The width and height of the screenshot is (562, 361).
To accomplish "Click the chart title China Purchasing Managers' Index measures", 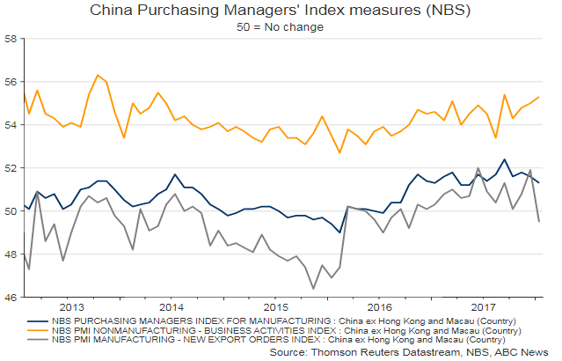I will [281, 11].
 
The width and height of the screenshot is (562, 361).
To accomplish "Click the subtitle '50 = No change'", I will [281, 26].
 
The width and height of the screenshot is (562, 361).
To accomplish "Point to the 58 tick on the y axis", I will [11, 40].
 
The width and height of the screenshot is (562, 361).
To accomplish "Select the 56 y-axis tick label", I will [11, 82].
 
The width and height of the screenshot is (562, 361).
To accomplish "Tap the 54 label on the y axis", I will [11, 125].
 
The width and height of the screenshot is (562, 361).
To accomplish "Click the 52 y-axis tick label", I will [11, 168].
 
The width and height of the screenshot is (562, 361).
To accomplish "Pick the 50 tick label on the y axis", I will [11, 211].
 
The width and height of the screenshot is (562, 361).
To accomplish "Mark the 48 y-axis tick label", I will [11, 254].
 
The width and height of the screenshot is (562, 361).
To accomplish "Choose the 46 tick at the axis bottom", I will [11, 298].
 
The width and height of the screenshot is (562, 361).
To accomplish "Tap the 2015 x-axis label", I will [277, 308].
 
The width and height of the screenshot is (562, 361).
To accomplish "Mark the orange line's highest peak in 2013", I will [97, 75].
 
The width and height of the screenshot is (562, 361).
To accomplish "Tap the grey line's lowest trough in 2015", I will [313, 288].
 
